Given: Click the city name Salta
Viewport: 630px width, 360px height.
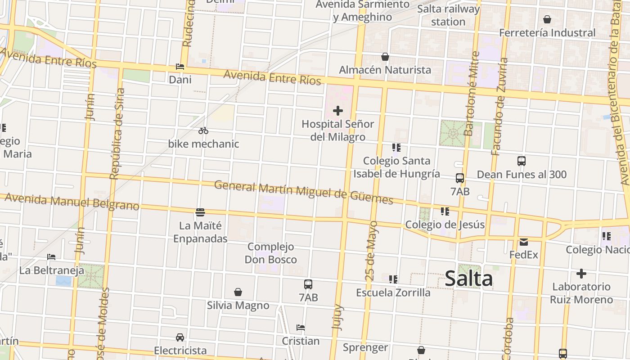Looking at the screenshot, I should [x=468, y=279].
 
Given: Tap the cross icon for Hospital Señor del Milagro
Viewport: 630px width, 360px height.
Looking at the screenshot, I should [x=337, y=111].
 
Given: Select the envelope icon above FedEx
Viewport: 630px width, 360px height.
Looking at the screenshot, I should [x=524, y=242].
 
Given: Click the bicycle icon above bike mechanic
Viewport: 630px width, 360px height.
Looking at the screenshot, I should [x=203, y=131].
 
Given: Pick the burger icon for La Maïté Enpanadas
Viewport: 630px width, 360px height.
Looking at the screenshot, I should [x=200, y=212].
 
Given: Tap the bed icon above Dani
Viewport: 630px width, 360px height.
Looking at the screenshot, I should [x=180, y=67].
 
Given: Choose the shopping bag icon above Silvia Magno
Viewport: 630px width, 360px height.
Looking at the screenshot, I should [x=238, y=292].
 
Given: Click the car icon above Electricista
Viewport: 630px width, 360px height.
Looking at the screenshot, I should [x=180, y=337].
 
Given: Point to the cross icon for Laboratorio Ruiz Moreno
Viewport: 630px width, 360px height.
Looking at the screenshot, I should [x=581, y=274].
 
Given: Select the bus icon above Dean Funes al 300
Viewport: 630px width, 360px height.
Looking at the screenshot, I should [x=522, y=161].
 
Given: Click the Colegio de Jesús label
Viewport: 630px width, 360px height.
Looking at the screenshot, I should [x=445, y=225].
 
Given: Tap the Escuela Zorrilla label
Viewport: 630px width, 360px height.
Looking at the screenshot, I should [x=393, y=292].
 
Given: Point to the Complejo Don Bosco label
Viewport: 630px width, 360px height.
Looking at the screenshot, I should [x=270, y=253].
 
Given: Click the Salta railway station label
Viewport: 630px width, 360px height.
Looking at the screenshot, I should [x=448, y=15].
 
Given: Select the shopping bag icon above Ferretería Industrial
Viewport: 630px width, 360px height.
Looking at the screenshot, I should [x=547, y=19].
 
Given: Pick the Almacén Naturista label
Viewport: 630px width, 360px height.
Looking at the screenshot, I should [x=385, y=70].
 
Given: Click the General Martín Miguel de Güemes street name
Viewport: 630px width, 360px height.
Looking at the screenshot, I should [x=303, y=192].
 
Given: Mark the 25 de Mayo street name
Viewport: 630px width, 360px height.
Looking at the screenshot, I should [x=372, y=251].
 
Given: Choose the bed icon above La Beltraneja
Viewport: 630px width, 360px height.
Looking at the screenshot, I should [x=51, y=257].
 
